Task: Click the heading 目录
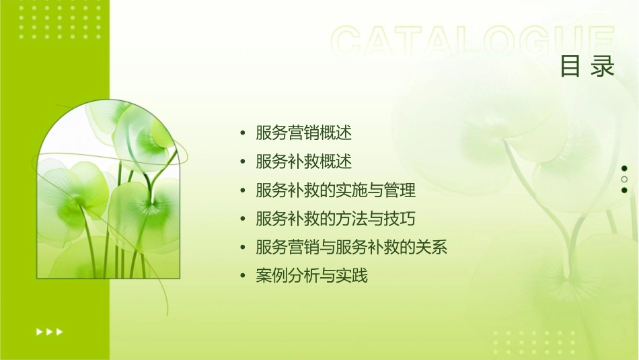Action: [x=587, y=67]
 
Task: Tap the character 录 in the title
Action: [x=603, y=67]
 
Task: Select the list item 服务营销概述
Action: [x=304, y=133]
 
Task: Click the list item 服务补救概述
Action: [x=304, y=161]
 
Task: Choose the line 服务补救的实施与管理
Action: [x=336, y=190]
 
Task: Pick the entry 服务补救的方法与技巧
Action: [x=336, y=219]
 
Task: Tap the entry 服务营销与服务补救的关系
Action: [x=351, y=247]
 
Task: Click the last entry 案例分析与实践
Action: [x=312, y=276]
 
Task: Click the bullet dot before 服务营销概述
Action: [x=243, y=133]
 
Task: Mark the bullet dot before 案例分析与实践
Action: [x=243, y=276]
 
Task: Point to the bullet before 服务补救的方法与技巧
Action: [x=243, y=219]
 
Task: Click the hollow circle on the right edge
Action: [x=624, y=179]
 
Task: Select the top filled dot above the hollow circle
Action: [x=624, y=168]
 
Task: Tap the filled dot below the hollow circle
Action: [x=624, y=190]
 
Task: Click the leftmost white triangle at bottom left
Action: [x=39, y=331]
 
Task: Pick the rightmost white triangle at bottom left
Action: [x=60, y=331]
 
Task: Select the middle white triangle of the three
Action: [x=49, y=331]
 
